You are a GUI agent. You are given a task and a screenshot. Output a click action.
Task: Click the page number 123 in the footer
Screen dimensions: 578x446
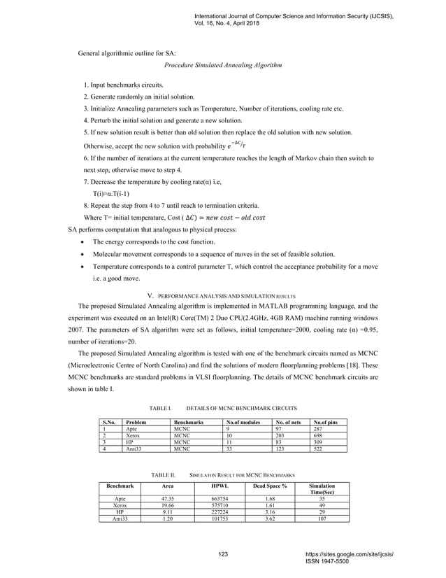223,555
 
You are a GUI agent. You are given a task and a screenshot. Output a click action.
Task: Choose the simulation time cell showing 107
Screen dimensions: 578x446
322,520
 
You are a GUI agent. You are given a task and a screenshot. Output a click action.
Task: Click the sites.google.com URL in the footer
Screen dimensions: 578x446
354,554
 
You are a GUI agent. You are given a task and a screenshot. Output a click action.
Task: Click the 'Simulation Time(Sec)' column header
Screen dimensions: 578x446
322,488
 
